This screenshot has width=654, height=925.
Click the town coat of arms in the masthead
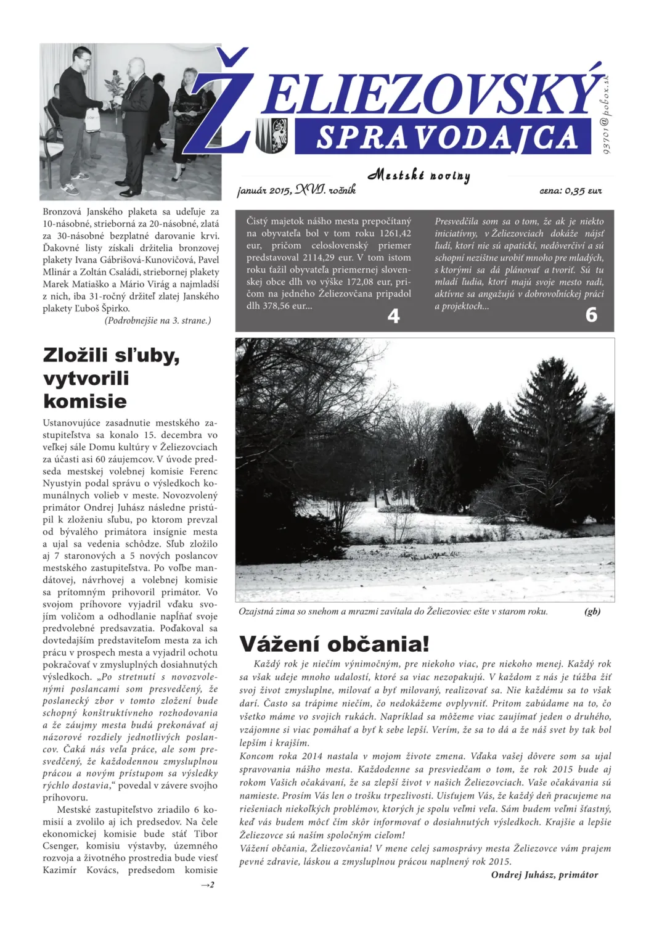point(272,136)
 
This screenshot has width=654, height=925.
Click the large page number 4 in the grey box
point(393,316)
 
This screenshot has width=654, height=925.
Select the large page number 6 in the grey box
point(591,315)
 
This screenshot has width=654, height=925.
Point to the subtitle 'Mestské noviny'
point(419,175)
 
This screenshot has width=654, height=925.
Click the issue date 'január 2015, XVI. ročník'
point(296,190)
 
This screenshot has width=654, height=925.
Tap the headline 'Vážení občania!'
point(334,644)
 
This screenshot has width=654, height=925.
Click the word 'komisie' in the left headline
point(85,401)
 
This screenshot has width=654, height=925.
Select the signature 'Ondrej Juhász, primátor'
point(544,874)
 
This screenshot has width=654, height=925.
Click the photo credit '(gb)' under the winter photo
point(592,611)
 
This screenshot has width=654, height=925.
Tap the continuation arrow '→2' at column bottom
point(208,885)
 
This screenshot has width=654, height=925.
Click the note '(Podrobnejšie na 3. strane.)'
point(158,320)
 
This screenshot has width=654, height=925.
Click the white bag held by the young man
point(92,120)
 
